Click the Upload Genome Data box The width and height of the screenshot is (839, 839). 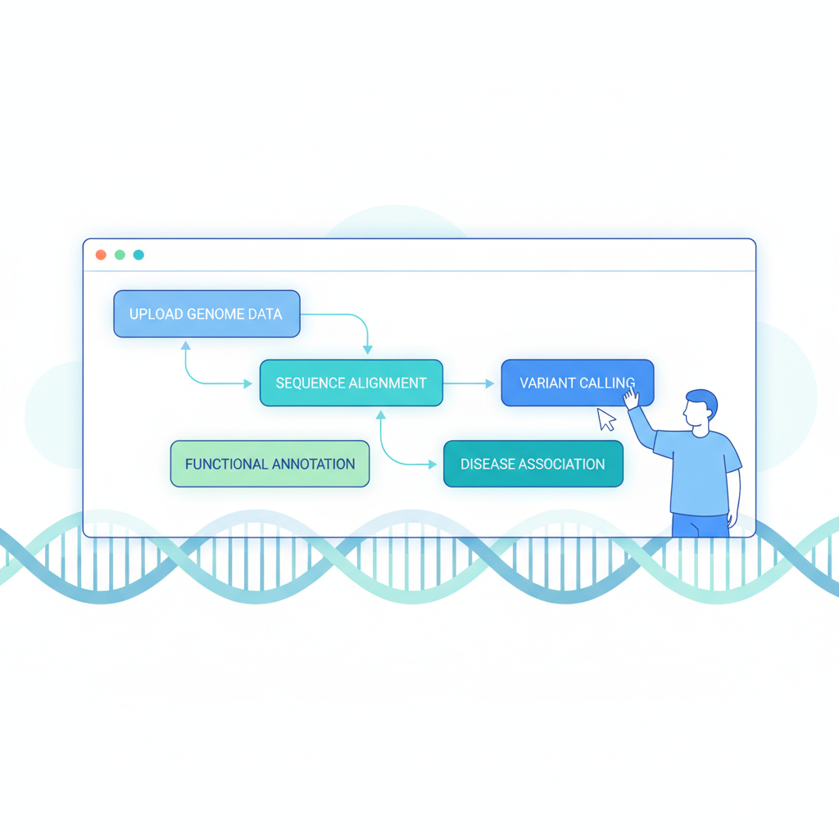(206, 314)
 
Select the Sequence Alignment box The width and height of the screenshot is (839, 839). (351, 383)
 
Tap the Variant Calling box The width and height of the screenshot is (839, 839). (578, 383)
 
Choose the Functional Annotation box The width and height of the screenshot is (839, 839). (270, 464)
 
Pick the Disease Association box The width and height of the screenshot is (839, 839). (533, 464)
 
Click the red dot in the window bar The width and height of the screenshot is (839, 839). (101, 255)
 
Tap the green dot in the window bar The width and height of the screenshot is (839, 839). (120, 255)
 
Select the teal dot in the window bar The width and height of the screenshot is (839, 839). (138, 255)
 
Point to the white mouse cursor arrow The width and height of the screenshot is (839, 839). (605, 419)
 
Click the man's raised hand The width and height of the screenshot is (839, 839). (632, 399)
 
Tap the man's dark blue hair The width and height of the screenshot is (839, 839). (704, 400)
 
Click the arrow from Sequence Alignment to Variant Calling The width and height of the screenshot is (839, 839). (469, 383)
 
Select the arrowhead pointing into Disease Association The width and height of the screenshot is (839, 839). (433, 465)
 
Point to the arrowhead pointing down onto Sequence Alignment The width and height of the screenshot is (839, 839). (368, 350)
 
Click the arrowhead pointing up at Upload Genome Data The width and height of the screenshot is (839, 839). (186, 346)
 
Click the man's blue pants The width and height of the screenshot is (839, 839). (701, 525)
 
